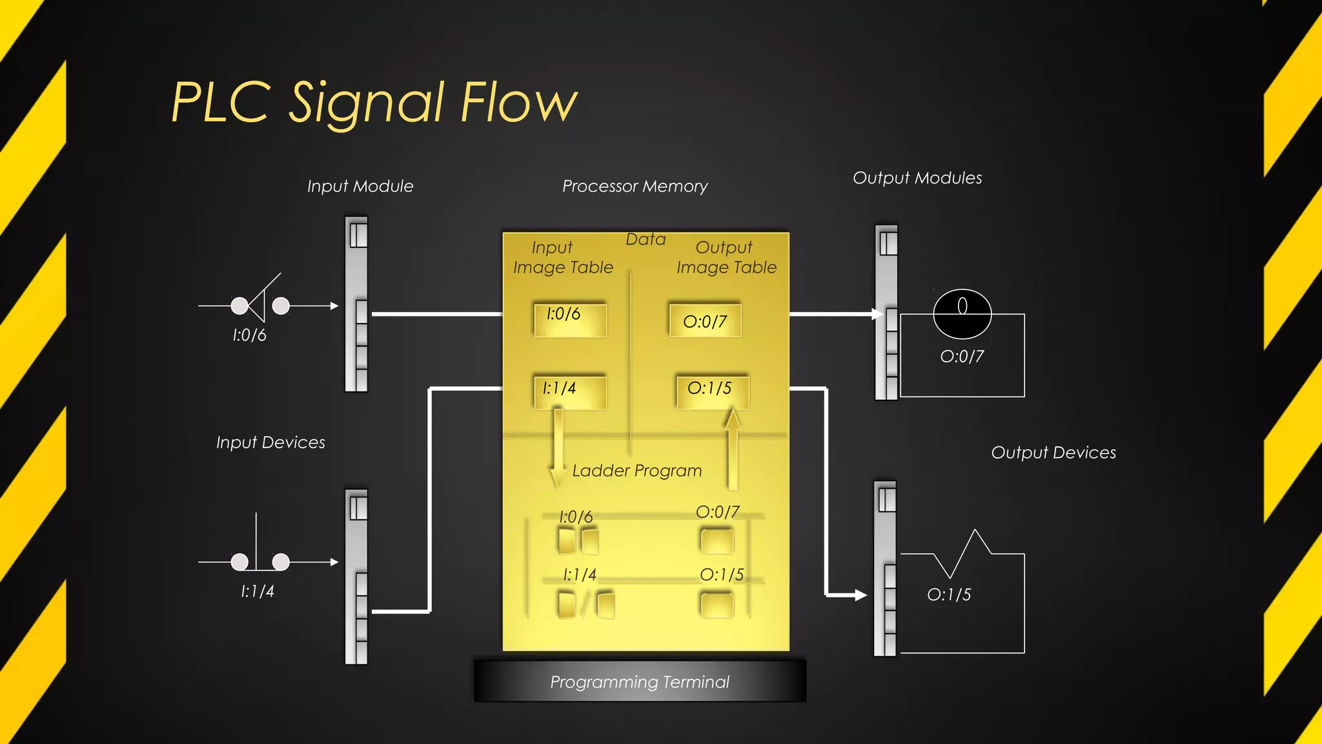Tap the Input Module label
(x=360, y=187)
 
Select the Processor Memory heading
(x=635, y=187)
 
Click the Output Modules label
(x=917, y=178)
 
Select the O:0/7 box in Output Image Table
(x=705, y=321)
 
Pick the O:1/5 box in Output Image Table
(x=712, y=391)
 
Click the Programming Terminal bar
(x=640, y=681)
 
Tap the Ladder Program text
(x=636, y=471)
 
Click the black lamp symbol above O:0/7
(x=962, y=315)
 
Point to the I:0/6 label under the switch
(x=249, y=335)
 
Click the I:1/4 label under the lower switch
(x=257, y=592)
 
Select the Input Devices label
(x=270, y=442)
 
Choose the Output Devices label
(x=1053, y=453)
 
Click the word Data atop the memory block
(x=646, y=240)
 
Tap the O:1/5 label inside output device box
(x=948, y=595)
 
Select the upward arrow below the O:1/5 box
(x=732, y=448)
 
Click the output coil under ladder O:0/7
(x=717, y=541)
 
